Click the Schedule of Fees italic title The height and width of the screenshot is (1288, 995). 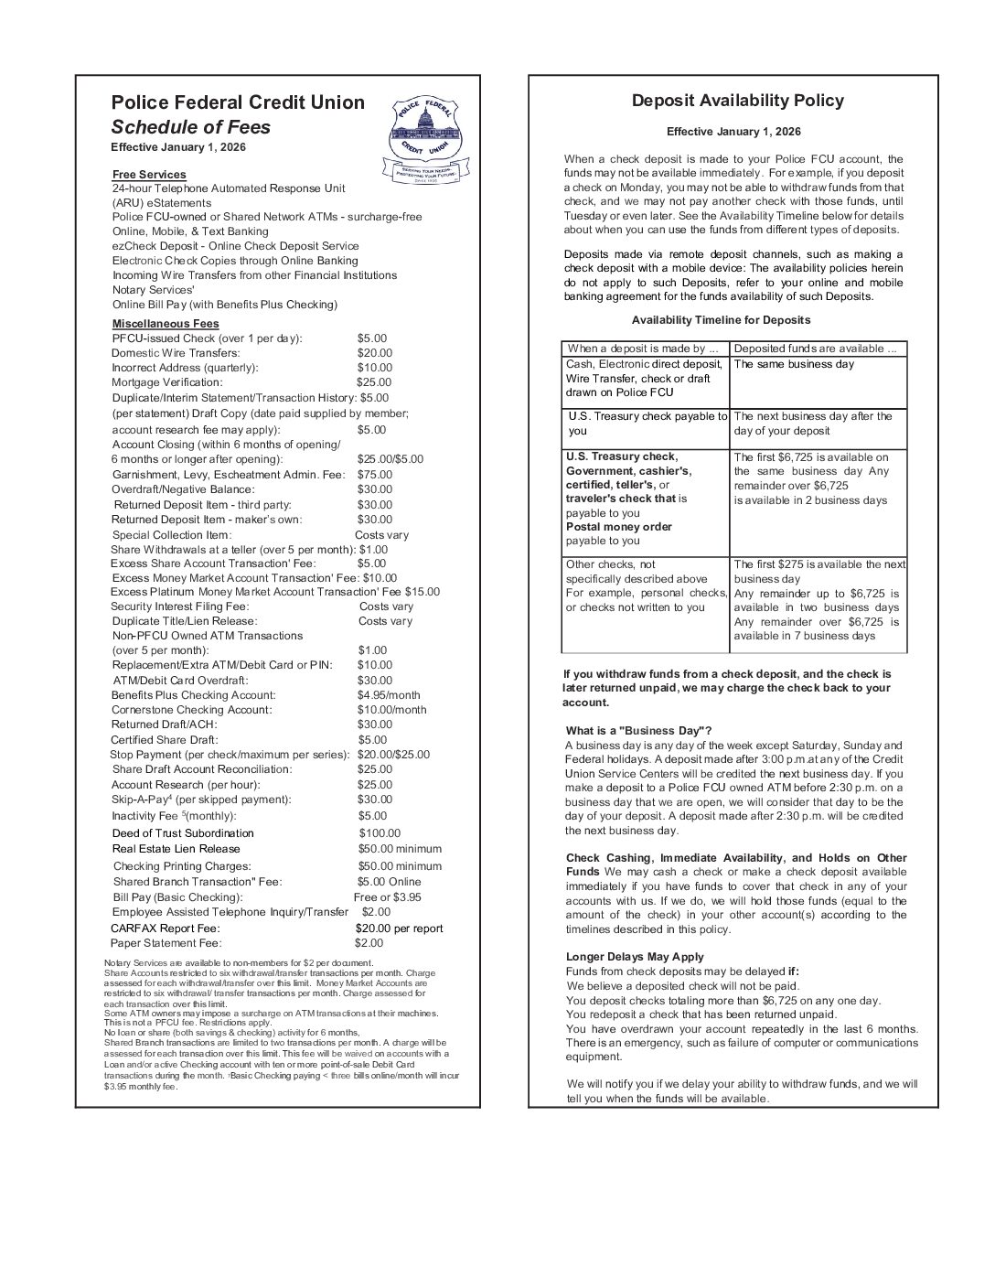pyautogui.click(x=190, y=127)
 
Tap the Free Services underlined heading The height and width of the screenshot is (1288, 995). pyautogui.click(x=149, y=175)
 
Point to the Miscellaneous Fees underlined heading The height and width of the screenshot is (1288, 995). pyautogui.click(x=166, y=324)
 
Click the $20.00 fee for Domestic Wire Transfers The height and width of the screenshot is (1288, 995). pyautogui.click(x=374, y=353)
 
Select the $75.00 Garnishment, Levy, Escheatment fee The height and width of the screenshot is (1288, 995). pyautogui.click(x=374, y=475)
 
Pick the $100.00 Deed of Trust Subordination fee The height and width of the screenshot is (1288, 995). pyautogui.click(x=379, y=833)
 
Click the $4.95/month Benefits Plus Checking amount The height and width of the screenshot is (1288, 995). pyautogui.click(x=389, y=695)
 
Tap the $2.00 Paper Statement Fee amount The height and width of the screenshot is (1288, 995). pyautogui.click(x=369, y=943)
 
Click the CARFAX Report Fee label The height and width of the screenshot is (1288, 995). pyautogui.click(x=166, y=928)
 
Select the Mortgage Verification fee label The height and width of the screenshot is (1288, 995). pyautogui.click(x=166, y=382)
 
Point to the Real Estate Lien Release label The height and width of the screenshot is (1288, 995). pyautogui.click(x=177, y=849)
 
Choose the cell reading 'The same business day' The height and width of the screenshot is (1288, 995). pyautogui.click(x=793, y=364)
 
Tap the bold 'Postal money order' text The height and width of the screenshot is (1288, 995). pyautogui.click(x=618, y=527)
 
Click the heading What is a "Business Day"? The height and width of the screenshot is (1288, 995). pyautogui.click(x=638, y=731)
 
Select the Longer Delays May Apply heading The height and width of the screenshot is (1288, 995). pyautogui.click(x=635, y=957)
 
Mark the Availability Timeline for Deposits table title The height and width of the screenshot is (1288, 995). pyautogui.click(x=721, y=320)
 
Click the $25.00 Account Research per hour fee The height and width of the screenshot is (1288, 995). pyautogui.click(x=374, y=785)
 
